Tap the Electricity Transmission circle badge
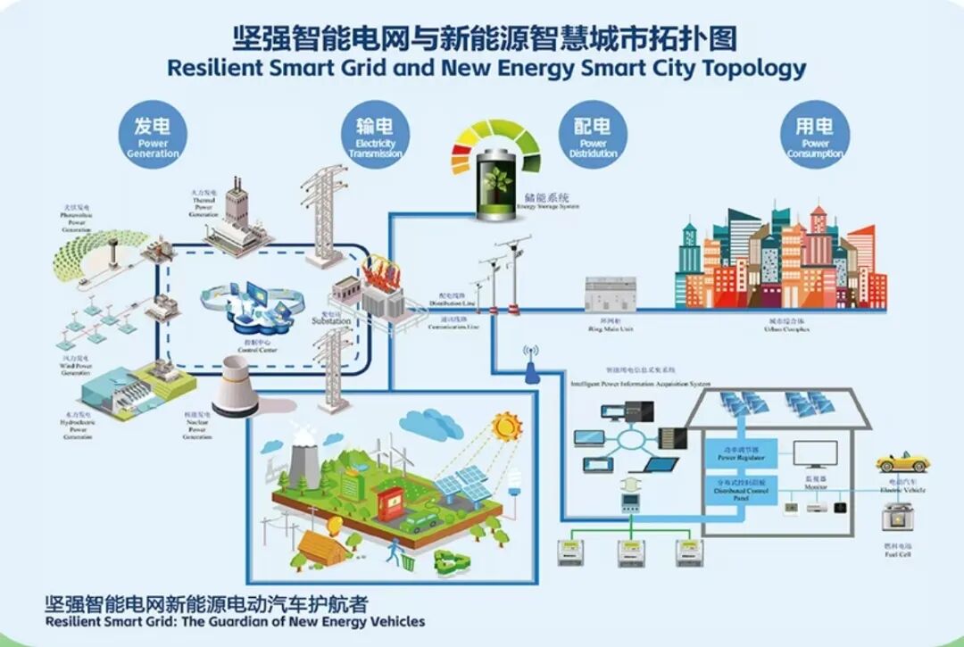tap(376, 136)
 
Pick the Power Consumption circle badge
tap(815, 136)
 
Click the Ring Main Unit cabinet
tap(611, 294)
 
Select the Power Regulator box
tap(740, 453)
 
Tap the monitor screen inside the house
tap(815, 455)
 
